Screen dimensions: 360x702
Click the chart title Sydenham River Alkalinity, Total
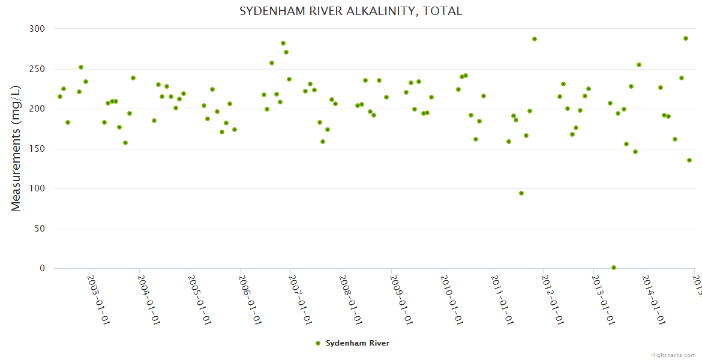coord(351,11)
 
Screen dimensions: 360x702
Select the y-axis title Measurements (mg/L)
coord(16,148)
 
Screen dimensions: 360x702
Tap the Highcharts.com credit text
coord(673,355)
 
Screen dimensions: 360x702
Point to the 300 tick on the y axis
coord(37,29)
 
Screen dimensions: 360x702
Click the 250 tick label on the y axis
coord(37,69)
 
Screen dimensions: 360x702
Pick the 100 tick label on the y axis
coord(37,189)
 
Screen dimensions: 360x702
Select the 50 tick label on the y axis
coord(40,229)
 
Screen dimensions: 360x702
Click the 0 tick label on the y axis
coord(42,268)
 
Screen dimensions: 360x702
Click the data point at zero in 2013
coord(614,268)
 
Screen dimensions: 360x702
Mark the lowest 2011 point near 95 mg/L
coord(521,193)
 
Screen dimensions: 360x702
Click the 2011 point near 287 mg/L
coord(535,39)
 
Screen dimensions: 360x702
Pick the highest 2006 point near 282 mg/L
coord(283,43)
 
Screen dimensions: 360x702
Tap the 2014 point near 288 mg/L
coord(686,38)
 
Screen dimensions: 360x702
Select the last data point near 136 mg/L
coord(689,160)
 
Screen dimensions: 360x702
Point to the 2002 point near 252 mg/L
coord(81,67)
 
